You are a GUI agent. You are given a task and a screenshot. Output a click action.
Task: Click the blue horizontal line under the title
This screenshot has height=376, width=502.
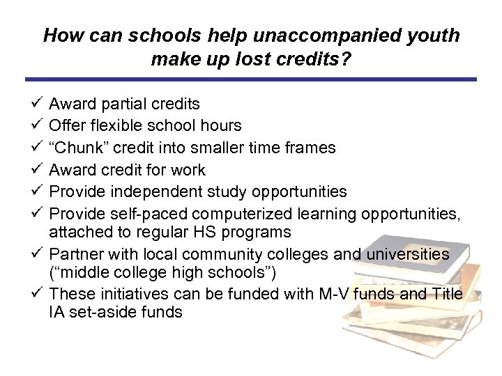pos(251,79)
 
